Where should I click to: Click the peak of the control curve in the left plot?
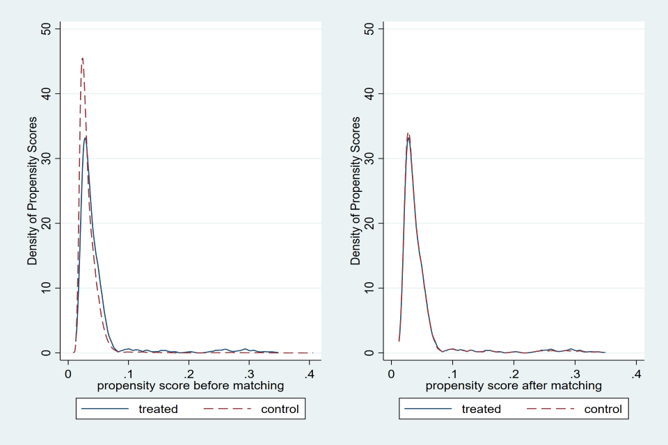[x=82, y=58]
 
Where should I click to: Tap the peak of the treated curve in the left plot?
[x=86, y=137]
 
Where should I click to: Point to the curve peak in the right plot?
[x=408, y=135]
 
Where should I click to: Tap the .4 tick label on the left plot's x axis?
[x=310, y=373]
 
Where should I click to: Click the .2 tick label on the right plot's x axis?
[x=512, y=373]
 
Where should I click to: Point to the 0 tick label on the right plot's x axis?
[x=391, y=373]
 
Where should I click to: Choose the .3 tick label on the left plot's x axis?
[x=248, y=373]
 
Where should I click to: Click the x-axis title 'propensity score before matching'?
[x=191, y=385]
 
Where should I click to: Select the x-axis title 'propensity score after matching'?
[x=514, y=385]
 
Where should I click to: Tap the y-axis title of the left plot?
[x=32, y=191]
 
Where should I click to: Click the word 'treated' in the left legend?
[x=158, y=409]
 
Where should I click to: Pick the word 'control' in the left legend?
[x=280, y=409]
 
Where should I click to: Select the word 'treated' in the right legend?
[x=481, y=409]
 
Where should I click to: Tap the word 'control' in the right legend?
[x=603, y=409]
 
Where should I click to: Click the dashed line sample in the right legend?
[x=550, y=409]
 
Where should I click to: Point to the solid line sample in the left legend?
[x=106, y=409]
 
